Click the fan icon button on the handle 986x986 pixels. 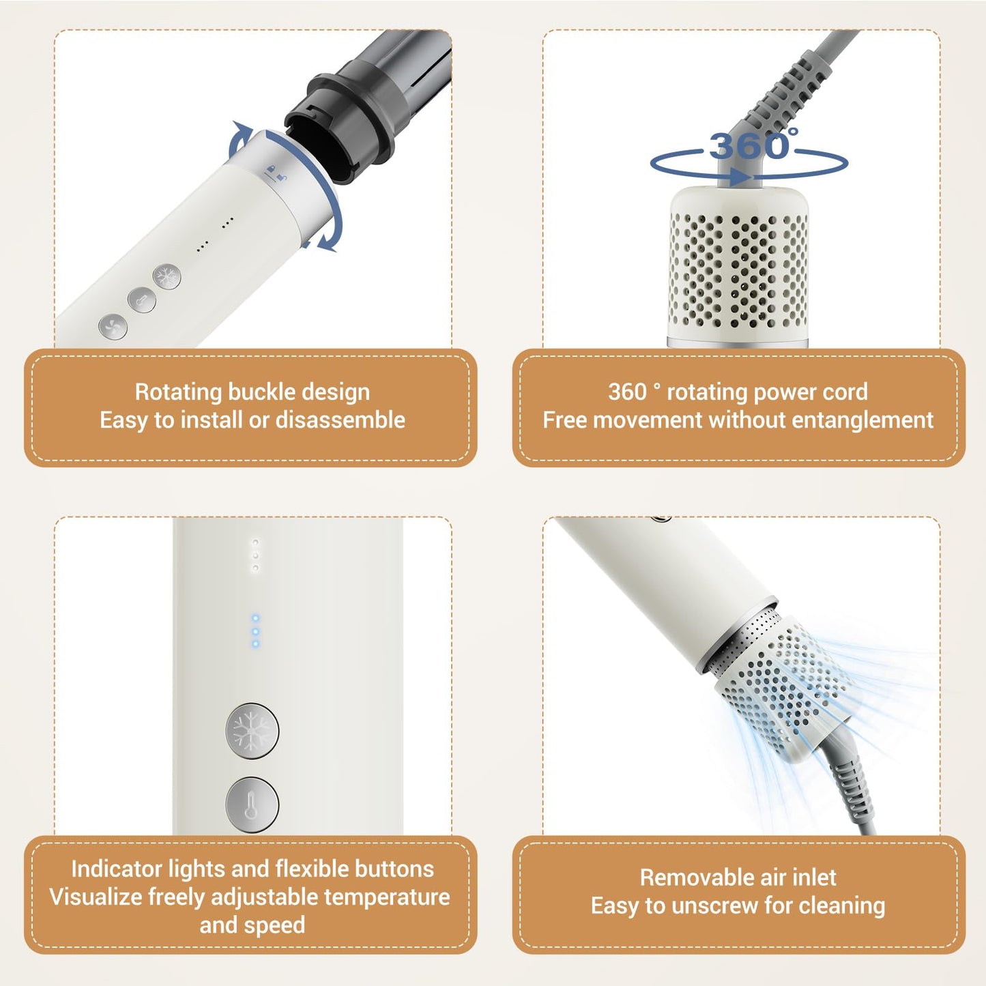click(113, 326)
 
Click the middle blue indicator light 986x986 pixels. click(255, 631)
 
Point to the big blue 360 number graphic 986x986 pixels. click(751, 146)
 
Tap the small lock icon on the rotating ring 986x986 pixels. click(270, 169)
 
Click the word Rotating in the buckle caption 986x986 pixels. click(178, 392)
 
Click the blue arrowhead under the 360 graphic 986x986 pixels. click(741, 178)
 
